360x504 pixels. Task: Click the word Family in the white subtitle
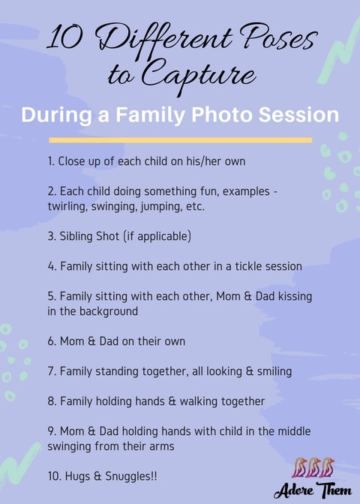[150, 115]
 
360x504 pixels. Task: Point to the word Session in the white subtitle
[298, 115]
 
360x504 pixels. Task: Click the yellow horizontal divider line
[180, 140]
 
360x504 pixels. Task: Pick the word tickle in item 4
[248, 266]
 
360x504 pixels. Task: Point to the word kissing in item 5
[295, 296]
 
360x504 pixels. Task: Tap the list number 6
[52, 341]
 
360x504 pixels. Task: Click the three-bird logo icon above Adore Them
[313, 467]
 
